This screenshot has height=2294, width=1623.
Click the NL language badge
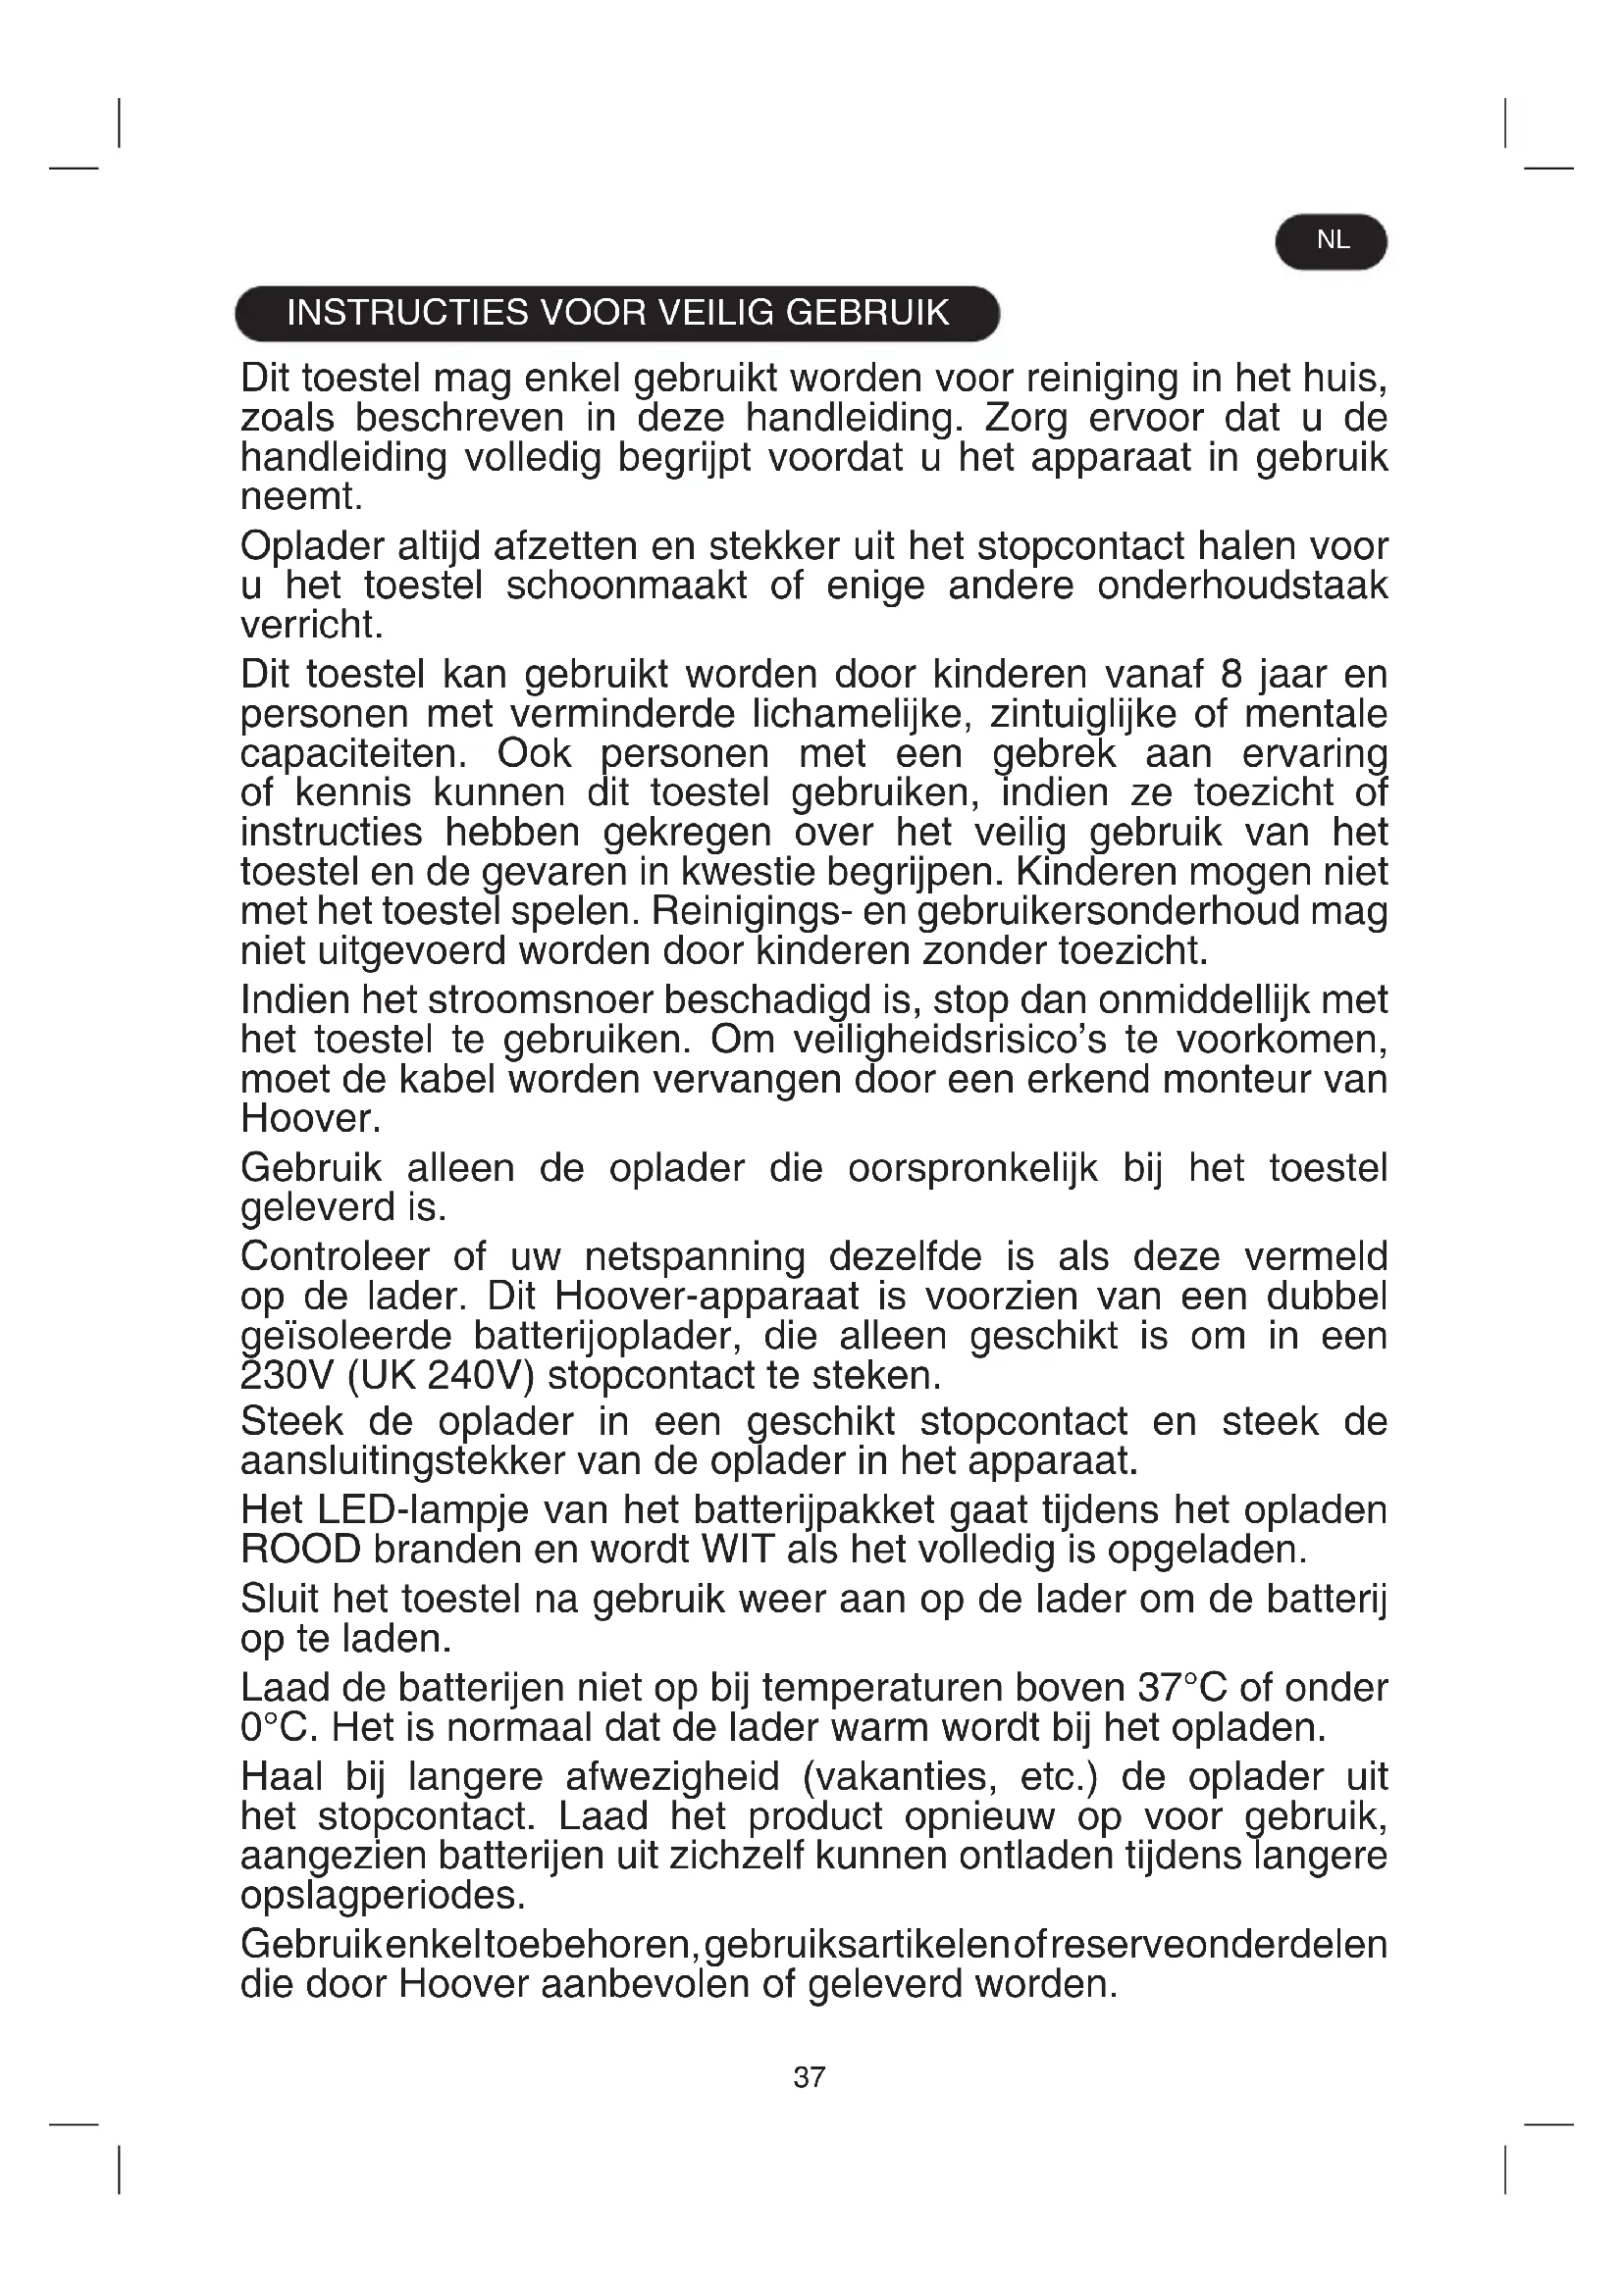[1332, 241]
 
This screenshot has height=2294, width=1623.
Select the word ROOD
[301, 1550]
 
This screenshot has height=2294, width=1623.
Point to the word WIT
[739, 1550]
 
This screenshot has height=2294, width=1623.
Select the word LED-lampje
[437, 1509]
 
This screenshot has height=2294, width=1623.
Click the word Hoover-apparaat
[707, 1297]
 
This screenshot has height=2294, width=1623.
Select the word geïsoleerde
[345, 1336]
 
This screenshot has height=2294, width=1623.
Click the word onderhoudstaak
[1242, 586]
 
